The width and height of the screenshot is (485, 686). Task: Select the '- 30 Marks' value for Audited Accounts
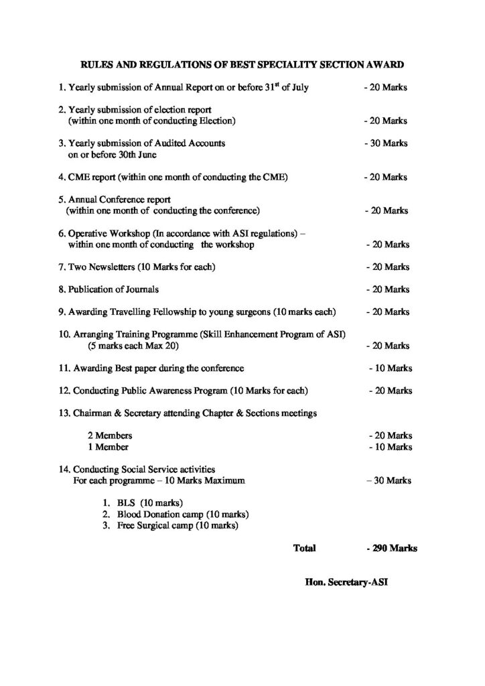click(x=385, y=143)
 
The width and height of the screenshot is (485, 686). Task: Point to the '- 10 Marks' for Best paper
click(x=391, y=368)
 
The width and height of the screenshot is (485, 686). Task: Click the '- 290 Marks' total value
click(x=392, y=548)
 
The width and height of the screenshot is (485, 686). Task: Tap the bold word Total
click(x=305, y=548)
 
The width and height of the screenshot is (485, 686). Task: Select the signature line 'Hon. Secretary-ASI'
click(x=346, y=582)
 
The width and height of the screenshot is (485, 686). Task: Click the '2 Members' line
click(x=118, y=435)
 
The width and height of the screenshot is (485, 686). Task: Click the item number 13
click(x=64, y=413)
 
